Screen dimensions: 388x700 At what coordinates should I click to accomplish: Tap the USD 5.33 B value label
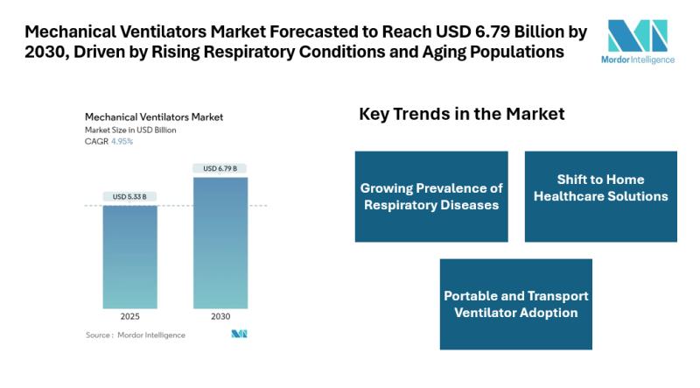point(129,196)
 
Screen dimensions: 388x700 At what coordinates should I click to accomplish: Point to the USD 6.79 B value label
point(220,168)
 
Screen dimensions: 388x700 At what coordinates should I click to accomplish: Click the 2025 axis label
point(129,316)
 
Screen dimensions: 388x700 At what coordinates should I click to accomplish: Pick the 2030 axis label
point(220,316)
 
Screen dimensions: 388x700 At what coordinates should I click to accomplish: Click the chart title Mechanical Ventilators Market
point(153,116)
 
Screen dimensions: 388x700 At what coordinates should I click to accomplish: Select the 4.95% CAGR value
point(122,141)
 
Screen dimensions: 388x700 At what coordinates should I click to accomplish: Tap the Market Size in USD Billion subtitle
point(130,130)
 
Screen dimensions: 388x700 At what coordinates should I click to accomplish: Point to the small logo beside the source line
point(239,335)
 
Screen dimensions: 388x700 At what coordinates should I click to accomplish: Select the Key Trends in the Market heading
point(461,115)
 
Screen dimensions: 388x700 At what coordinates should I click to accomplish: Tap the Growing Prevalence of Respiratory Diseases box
point(431,196)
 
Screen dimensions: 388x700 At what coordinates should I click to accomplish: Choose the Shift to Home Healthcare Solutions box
point(600,196)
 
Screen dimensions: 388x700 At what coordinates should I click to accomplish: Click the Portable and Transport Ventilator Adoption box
point(515,304)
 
